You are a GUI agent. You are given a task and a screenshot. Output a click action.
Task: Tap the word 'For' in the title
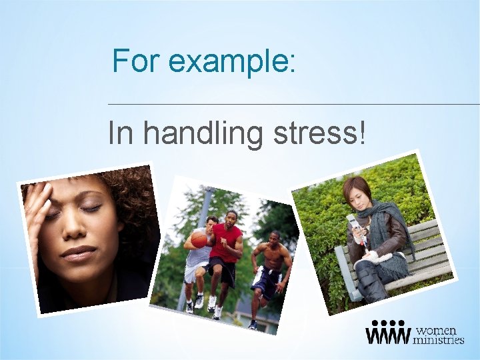[x=137, y=61]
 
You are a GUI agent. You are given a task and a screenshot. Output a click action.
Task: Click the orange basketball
[x=199, y=239]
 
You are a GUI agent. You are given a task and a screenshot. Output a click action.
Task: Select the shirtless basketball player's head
[x=275, y=238]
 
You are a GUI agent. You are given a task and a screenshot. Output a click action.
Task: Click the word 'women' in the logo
[x=437, y=331]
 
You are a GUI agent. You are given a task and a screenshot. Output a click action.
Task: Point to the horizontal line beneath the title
[x=293, y=104]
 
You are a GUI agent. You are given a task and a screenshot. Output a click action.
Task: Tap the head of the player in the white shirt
[x=212, y=221]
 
